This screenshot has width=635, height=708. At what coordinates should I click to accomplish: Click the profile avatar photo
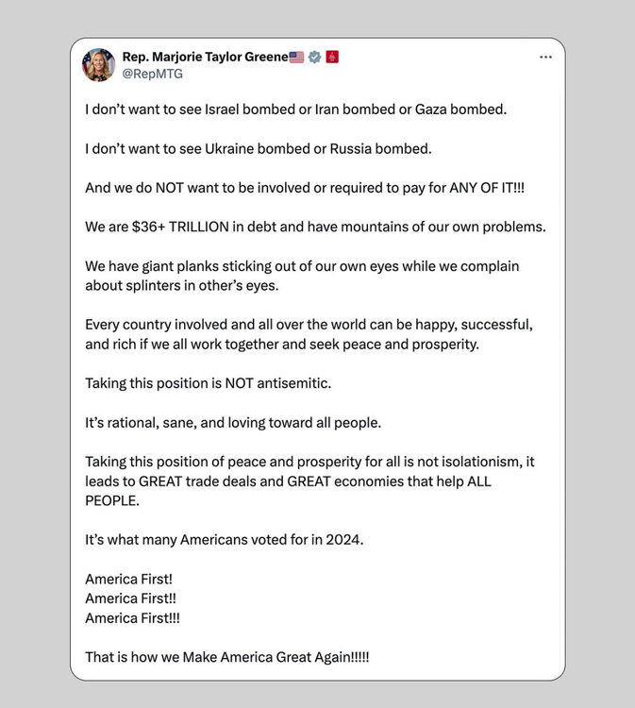[98, 64]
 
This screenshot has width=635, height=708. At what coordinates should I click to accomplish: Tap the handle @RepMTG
[153, 74]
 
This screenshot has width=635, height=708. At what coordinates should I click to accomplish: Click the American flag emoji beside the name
[296, 57]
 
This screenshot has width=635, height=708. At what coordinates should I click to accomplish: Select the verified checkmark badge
[314, 57]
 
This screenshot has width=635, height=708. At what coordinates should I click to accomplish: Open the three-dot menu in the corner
[545, 57]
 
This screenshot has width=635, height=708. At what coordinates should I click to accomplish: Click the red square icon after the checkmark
[331, 57]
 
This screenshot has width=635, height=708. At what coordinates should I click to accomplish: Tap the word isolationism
[482, 462]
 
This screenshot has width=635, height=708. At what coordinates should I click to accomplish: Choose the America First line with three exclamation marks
[132, 617]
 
